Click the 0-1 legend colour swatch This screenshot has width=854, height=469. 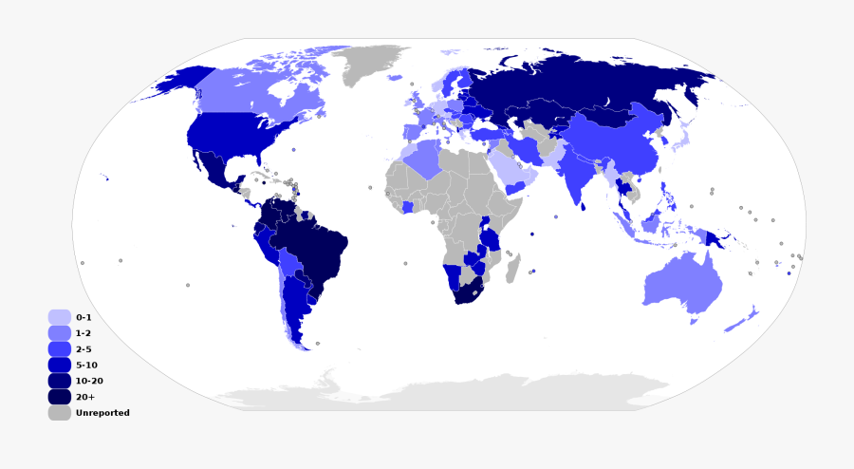(59, 317)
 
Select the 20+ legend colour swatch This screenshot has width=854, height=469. (59, 397)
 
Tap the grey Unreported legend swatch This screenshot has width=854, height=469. (59, 413)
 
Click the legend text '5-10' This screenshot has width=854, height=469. (86, 365)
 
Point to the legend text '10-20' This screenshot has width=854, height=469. (89, 381)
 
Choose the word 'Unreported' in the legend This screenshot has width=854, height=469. (102, 413)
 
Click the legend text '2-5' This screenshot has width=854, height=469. (84, 349)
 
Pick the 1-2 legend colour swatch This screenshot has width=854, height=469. (59, 333)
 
